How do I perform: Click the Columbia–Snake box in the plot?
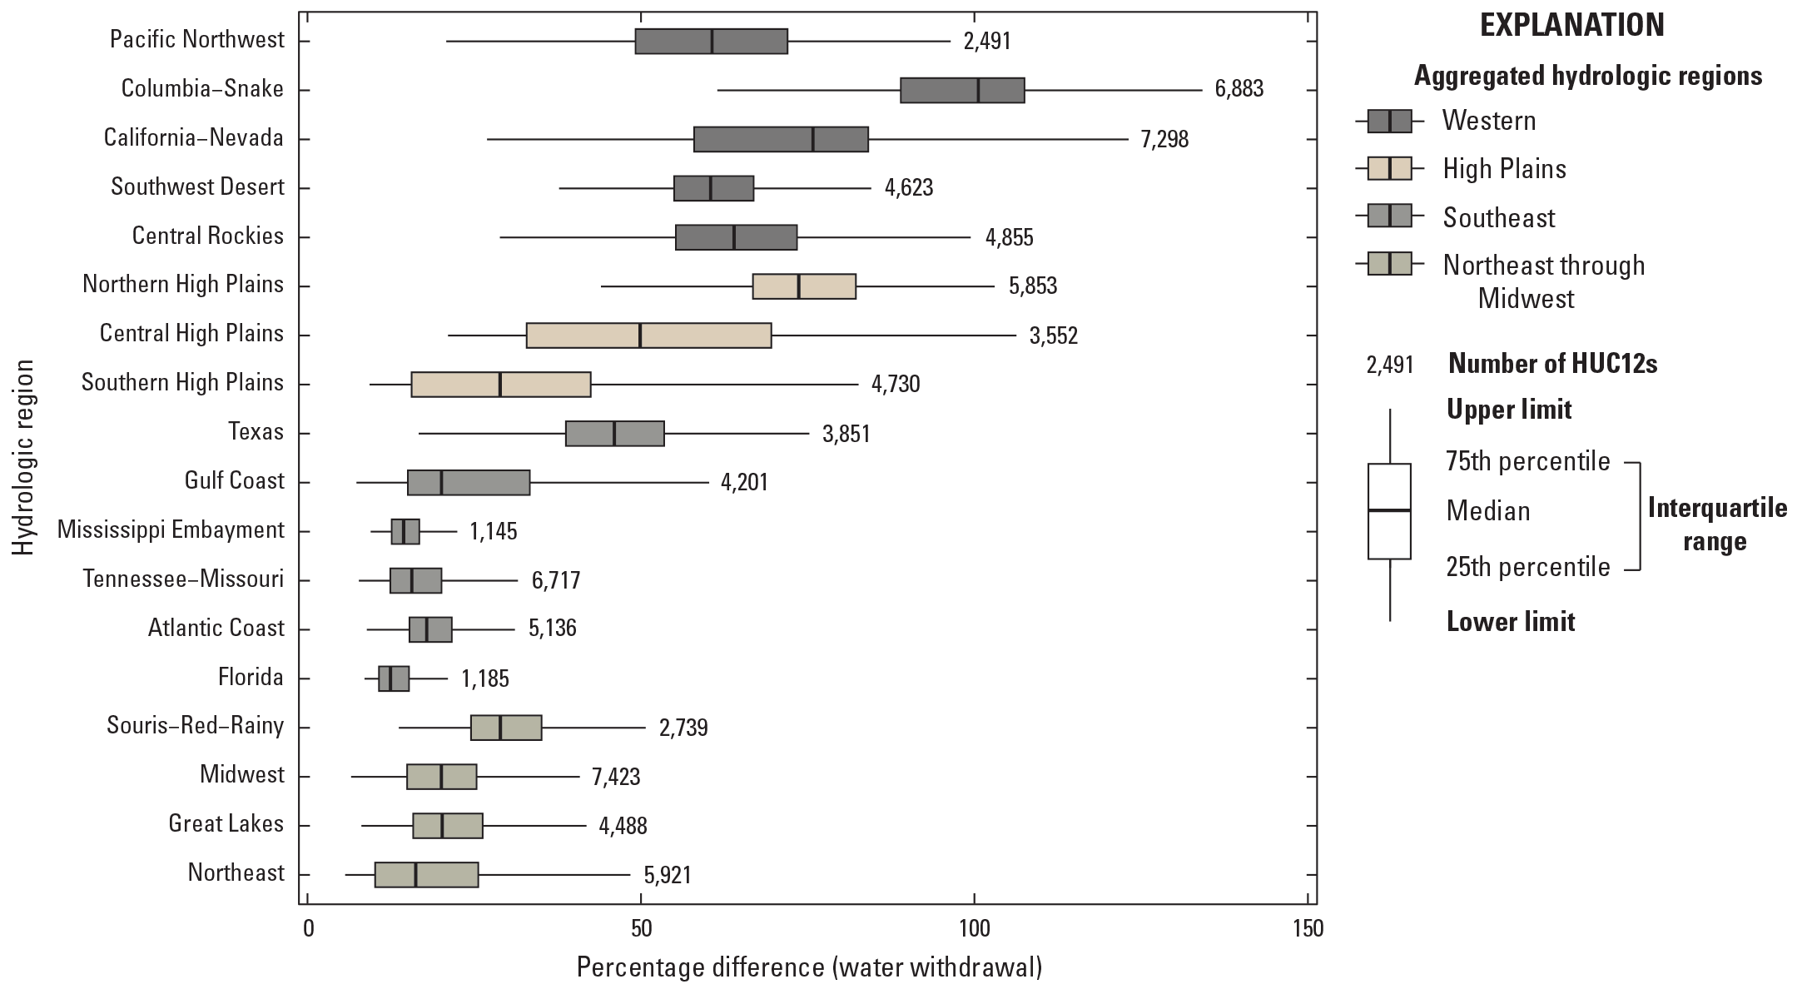961,90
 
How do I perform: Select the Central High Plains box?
648,335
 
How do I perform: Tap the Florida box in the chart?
394,678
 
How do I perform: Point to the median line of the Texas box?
614,434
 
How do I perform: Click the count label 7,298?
1164,139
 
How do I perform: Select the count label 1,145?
493,531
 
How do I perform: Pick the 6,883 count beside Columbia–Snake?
1239,89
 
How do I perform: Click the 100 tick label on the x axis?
973,927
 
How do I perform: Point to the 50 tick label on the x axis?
640,927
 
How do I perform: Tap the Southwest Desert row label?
197,187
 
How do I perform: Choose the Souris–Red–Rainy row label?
195,726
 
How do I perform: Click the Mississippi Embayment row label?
171,530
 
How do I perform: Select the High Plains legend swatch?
1389,169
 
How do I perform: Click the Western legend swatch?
1389,121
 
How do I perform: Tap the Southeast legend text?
1498,218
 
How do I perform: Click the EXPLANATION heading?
1571,26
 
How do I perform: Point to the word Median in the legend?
1487,510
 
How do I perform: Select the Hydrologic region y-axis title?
24,457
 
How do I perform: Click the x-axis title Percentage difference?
808,967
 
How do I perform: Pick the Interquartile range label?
1716,525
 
